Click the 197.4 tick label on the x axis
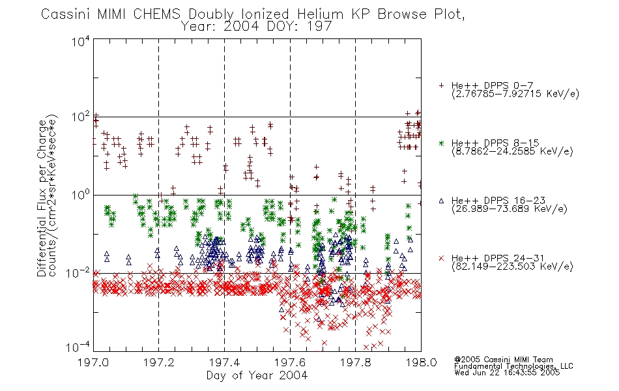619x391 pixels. tap(225, 362)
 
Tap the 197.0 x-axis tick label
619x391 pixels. tap(94, 362)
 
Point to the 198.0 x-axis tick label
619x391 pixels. tap(421, 362)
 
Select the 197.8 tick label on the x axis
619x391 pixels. tap(356, 362)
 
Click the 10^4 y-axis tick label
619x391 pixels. tap(81, 41)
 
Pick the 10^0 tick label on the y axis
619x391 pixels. tap(81, 195)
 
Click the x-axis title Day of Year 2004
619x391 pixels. tap(257, 375)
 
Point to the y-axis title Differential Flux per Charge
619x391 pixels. tap(42, 198)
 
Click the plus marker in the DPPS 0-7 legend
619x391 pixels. tap(441, 85)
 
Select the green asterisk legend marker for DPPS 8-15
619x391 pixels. tap(441, 143)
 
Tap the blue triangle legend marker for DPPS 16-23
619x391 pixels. tap(441, 201)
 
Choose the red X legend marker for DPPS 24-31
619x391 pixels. tap(441, 258)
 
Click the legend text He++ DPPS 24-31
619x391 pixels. tap(498, 258)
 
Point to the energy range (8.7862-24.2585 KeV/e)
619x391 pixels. tap(512, 151)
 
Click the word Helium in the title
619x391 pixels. tap(320, 14)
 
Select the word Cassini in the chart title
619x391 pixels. tap(66, 14)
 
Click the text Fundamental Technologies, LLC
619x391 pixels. tap(513, 366)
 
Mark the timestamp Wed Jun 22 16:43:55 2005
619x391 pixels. tap(507, 373)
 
